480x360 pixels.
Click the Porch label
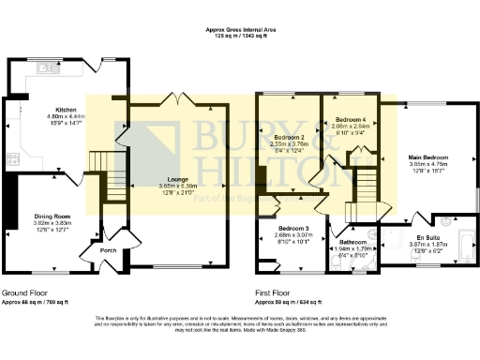click(x=108, y=250)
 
